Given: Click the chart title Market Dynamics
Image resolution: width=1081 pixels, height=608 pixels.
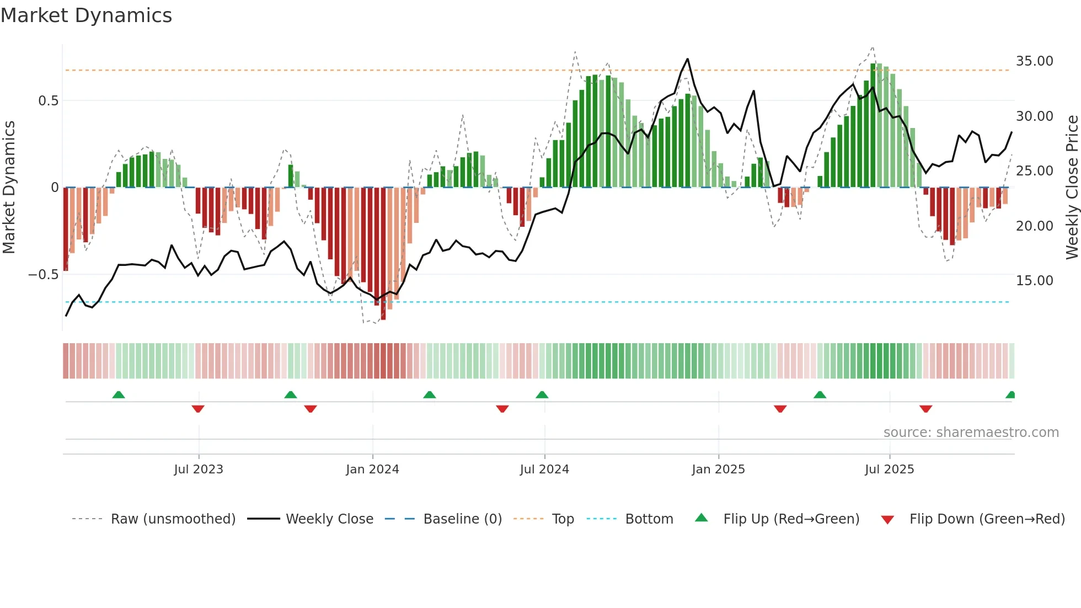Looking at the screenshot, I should tap(87, 15).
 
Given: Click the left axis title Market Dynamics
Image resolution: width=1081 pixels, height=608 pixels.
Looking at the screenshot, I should tap(9, 187).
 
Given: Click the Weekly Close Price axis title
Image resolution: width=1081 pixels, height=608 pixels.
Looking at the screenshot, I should tap(1072, 187).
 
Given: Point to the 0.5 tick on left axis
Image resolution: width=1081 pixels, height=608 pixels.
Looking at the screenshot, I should tap(48, 101).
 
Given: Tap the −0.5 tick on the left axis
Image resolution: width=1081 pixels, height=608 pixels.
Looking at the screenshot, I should tap(44, 275).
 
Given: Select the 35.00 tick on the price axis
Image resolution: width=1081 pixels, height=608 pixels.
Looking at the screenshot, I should tap(1034, 61).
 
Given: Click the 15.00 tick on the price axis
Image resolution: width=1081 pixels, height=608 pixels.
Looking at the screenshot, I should tap(1034, 281).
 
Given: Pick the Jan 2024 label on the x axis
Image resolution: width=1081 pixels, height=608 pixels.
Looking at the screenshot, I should tap(372, 470).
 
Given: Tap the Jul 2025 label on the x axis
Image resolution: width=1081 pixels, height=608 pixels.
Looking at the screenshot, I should tap(889, 470).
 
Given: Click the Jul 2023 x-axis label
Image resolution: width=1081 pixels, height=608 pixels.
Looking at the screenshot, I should tap(199, 470).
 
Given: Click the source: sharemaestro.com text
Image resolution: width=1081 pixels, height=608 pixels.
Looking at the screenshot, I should tap(971, 433).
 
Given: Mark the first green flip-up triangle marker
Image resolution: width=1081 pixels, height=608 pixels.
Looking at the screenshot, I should tap(119, 394).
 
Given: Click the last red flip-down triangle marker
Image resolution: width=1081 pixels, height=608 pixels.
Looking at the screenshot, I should tap(925, 409).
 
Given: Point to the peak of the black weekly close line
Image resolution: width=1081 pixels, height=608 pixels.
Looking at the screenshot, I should tap(688, 59).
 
